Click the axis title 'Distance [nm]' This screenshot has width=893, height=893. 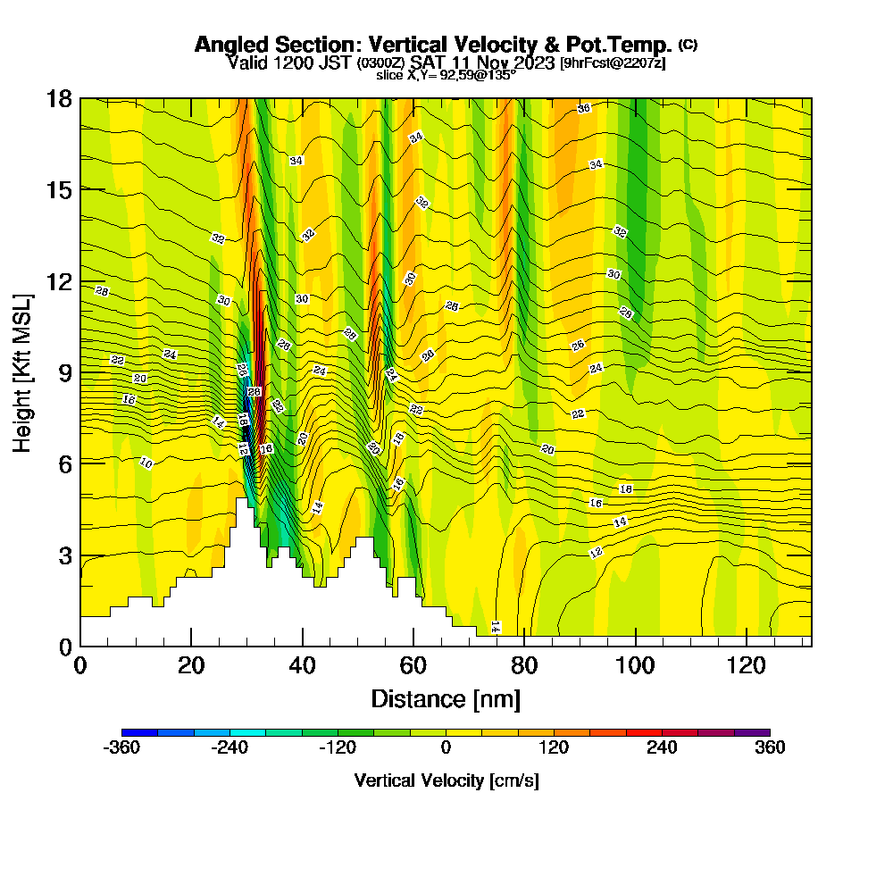(446, 698)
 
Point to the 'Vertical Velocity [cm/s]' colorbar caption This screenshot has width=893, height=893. (446, 780)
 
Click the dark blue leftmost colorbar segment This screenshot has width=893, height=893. (139, 732)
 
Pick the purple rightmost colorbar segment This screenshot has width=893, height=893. (752, 732)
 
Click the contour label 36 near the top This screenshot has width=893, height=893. (584, 108)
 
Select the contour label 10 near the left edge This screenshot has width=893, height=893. (146, 463)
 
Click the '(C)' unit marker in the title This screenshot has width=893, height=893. (689, 45)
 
